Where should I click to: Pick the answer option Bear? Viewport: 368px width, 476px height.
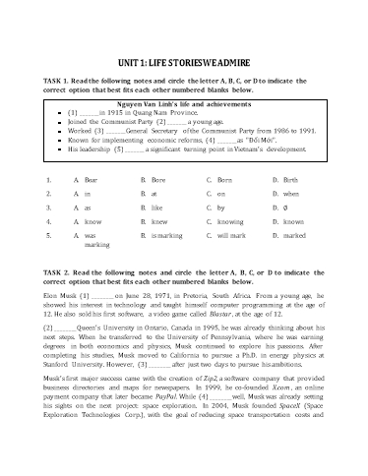(x=64, y=181)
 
